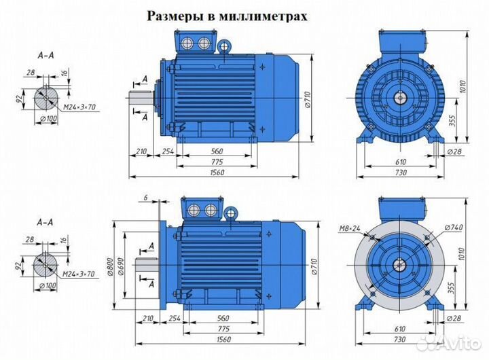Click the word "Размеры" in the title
click(x=172, y=16)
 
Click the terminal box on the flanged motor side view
click(x=201, y=209)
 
